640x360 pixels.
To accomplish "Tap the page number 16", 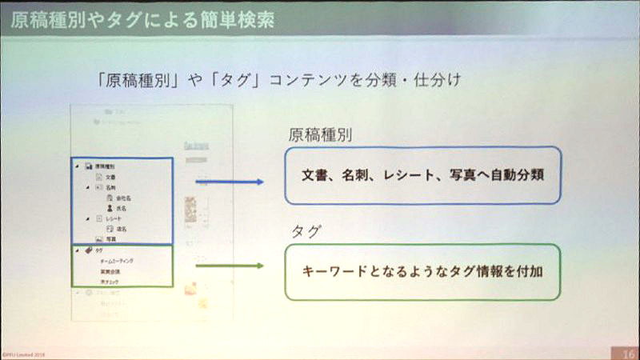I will pyautogui.click(x=626, y=351).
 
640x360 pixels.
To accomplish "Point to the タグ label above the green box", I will pyautogui.click(x=305, y=231).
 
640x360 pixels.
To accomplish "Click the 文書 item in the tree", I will pyautogui.click(x=110, y=176).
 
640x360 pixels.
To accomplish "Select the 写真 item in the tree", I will pyautogui.click(x=110, y=238).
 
